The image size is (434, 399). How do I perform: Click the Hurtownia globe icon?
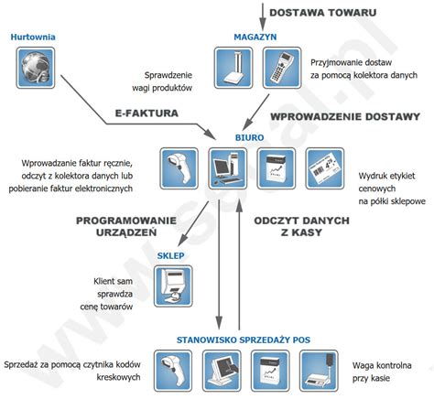coord(35,69)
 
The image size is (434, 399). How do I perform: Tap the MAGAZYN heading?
coord(255,37)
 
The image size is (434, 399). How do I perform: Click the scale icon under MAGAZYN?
coord(233,69)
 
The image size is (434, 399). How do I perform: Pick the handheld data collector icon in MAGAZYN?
coord(279,69)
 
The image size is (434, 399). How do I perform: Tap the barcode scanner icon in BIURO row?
coord(179,167)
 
